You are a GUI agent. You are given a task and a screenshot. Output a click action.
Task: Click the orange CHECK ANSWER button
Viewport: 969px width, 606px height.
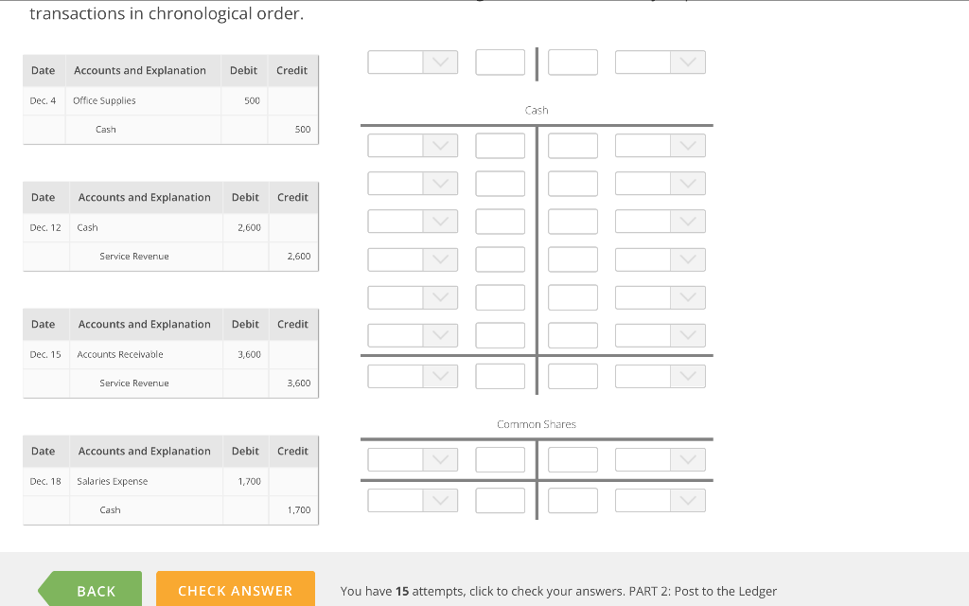[235, 590]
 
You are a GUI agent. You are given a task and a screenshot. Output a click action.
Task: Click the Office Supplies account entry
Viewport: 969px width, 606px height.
[104, 100]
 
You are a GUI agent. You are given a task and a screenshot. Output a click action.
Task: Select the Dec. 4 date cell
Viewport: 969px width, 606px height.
[43, 100]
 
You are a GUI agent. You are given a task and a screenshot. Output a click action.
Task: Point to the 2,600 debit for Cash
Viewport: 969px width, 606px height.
[249, 227]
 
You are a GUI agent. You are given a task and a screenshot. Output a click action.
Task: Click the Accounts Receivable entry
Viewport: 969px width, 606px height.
[120, 354]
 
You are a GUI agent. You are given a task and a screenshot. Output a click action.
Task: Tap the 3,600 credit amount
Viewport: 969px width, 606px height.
[298, 383]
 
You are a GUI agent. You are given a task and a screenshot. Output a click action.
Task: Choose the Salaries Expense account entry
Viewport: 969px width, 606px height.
[113, 481]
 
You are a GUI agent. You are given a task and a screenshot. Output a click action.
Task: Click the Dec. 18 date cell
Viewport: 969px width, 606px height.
[45, 481]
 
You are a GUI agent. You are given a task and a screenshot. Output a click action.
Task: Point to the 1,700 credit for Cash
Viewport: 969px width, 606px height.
[298, 509]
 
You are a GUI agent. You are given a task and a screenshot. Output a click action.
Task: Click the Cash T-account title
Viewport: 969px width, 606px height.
[537, 110]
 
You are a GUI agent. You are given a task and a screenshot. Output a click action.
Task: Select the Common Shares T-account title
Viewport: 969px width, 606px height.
[537, 424]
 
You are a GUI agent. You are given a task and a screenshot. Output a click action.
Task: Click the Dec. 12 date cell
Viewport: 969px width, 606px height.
[45, 227]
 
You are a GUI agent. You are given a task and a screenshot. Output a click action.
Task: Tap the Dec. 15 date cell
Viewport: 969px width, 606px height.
[45, 354]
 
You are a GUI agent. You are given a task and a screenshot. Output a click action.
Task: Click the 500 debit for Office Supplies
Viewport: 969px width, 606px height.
[252, 100]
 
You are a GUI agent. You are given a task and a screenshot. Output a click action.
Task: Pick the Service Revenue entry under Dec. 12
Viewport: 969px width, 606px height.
[134, 256]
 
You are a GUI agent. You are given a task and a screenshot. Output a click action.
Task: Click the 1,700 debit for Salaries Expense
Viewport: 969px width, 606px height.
[249, 481]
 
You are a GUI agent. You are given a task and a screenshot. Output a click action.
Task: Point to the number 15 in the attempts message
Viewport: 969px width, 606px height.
[402, 591]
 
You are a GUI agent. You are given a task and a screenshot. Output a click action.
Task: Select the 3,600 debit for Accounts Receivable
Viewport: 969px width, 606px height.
[249, 354]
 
